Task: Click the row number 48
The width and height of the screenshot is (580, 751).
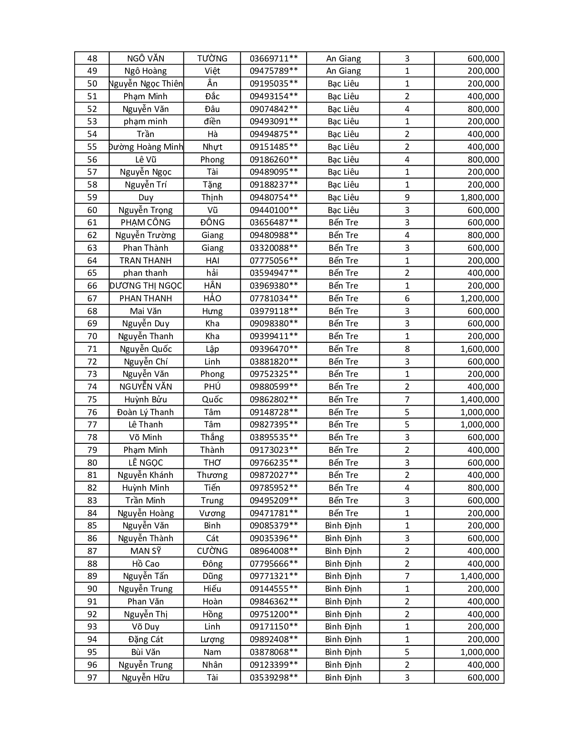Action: pos(92,58)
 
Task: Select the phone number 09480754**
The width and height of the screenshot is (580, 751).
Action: pos(273,197)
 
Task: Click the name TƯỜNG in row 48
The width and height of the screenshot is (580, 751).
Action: pos(212,58)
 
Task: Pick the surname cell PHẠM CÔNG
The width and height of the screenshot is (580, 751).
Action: pos(146,222)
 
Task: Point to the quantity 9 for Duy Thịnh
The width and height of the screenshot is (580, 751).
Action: pos(407,197)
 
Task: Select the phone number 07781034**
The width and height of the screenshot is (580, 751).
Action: pos(273,298)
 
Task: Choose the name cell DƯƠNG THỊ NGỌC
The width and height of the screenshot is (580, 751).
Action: pos(146,285)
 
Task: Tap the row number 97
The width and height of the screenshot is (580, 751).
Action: pos(92,677)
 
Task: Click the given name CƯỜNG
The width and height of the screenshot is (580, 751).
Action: pos(212,551)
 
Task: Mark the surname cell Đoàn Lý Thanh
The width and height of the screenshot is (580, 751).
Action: pos(146,412)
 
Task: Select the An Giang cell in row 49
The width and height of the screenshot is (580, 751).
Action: pos(343,71)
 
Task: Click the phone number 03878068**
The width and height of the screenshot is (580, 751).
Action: pos(273,652)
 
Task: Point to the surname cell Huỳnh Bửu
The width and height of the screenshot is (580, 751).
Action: pos(146,399)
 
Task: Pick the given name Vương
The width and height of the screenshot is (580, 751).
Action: pos(212,513)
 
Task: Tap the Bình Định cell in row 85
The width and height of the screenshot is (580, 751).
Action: pos(343,525)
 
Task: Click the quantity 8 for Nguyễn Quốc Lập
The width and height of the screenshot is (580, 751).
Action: pos(407,349)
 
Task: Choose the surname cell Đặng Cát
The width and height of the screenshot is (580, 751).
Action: pos(146,639)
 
